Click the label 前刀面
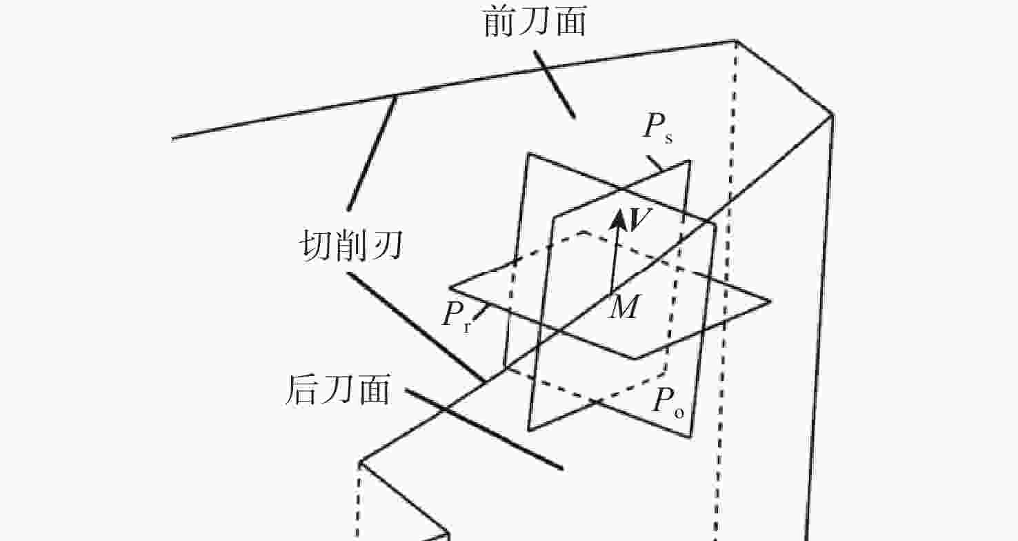pyautogui.click(x=535, y=22)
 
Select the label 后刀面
pyautogui.click(x=339, y=390)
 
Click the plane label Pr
pyautogui.click(x=457, y=315)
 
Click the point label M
pyautogui.click(x=625, y=307)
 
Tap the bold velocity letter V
pyautogui.click(x=640, y=219)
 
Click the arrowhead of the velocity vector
pyautogui.click(x=619, y=219)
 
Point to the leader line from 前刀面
pyautogui.click(x=555, y=85)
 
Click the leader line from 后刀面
pyautogui.click(x=484, y=429)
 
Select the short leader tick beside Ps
pyautogui.click(x=655, y=164)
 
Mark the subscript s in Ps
pyautogui.click(x=668, y=138)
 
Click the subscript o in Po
pyautogui.click(x=679, y=413)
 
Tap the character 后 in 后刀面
pyautogui.click(x=302, y=390)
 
